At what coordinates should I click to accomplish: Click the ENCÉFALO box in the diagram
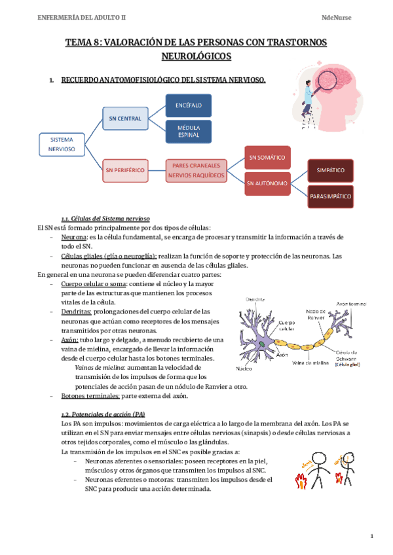[x=188, y=105]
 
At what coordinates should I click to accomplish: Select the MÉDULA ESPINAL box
[x=188, y=130]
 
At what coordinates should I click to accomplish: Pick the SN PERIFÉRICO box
[x=124, y=170]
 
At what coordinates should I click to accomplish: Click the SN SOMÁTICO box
[x=267, y=157]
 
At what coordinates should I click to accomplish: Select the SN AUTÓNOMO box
[x=267, y=183]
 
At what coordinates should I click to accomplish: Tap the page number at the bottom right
[x=371, y=537]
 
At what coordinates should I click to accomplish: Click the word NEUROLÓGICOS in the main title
[x=196, y=57]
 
